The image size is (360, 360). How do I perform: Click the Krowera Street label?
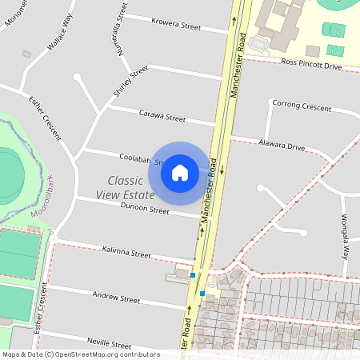click(x=178, y=26)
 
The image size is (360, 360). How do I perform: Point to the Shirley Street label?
click(x=130, y=81)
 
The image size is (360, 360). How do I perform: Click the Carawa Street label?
click(x=162, y=117)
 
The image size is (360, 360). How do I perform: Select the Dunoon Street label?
click(x=145, y=211)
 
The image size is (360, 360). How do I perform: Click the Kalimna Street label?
click(x=127, y=254)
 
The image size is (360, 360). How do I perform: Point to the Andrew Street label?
click(x=117, y=298)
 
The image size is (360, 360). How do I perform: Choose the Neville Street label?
click(x=108, y=341)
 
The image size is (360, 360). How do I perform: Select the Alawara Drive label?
click(x=282, y=146)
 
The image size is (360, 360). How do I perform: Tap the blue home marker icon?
click(x=180, y=173)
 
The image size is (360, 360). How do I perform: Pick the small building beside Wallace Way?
click(x=26, y=54)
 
